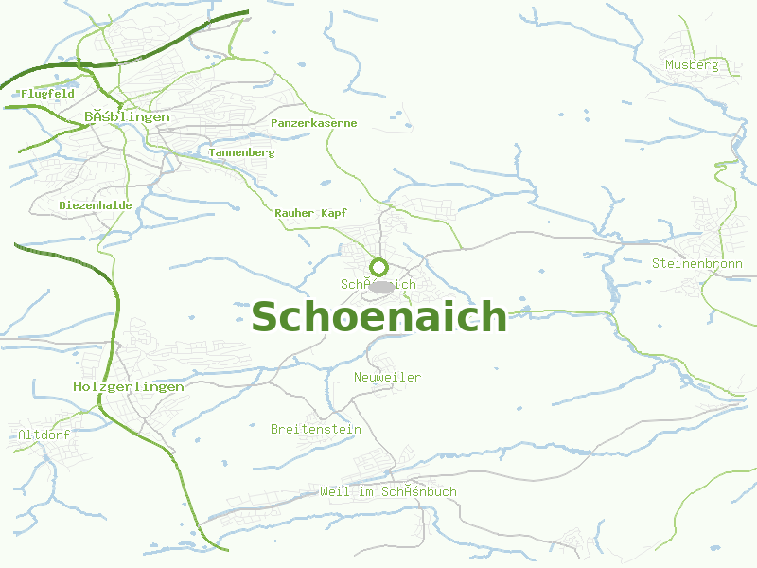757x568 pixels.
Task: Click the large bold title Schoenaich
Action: tap(378, 316)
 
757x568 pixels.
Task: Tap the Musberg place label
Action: tap(692, 65)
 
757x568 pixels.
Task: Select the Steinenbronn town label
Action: tap(696, 263)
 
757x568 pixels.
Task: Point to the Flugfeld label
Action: tap(47, 94)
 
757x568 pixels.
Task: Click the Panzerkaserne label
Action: tap(314, 123)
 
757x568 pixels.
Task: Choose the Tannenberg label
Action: tap(242, 152)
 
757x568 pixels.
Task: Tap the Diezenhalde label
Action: tap(96, 205)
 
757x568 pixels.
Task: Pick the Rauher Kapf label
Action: tap(310, 213)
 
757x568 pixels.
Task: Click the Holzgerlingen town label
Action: tap(128, 386)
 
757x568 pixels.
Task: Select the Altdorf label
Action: tap(44, 435)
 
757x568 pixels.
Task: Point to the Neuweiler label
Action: tap(387, 378)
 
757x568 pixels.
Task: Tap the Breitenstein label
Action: tap(316, 429)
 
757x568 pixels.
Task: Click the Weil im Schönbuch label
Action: tap(388, 491)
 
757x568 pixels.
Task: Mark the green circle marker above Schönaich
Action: tap(378, 266)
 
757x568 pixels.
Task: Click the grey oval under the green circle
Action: tap(380, 285)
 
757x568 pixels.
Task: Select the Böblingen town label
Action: tap(127, 116)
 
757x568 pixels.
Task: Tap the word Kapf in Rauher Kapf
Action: tap(334, 213)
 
